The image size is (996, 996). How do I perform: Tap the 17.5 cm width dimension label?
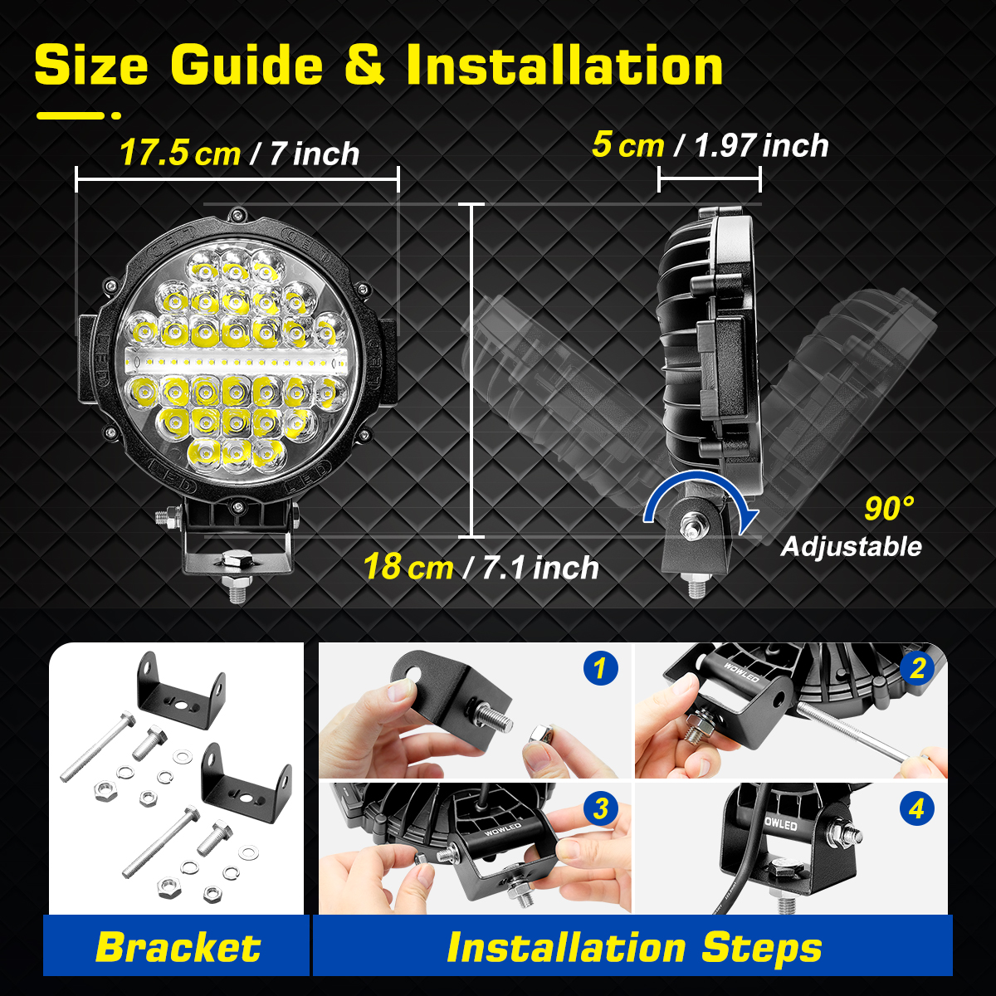tap(179, 153)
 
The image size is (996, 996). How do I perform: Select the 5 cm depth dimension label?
tap(627, 144)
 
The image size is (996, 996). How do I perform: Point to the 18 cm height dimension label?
tap(408, 567)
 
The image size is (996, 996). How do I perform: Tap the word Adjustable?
tap(851, 546)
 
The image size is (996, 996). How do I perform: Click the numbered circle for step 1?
tap(601, 667)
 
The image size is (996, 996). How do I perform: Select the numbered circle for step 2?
tap(917, 668)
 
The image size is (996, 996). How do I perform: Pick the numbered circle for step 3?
tap(600, 808)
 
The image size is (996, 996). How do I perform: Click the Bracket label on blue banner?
tap(178, 947)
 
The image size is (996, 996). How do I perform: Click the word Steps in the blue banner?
tap(761, 947)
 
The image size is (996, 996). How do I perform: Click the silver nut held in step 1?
tap(539, 735)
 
